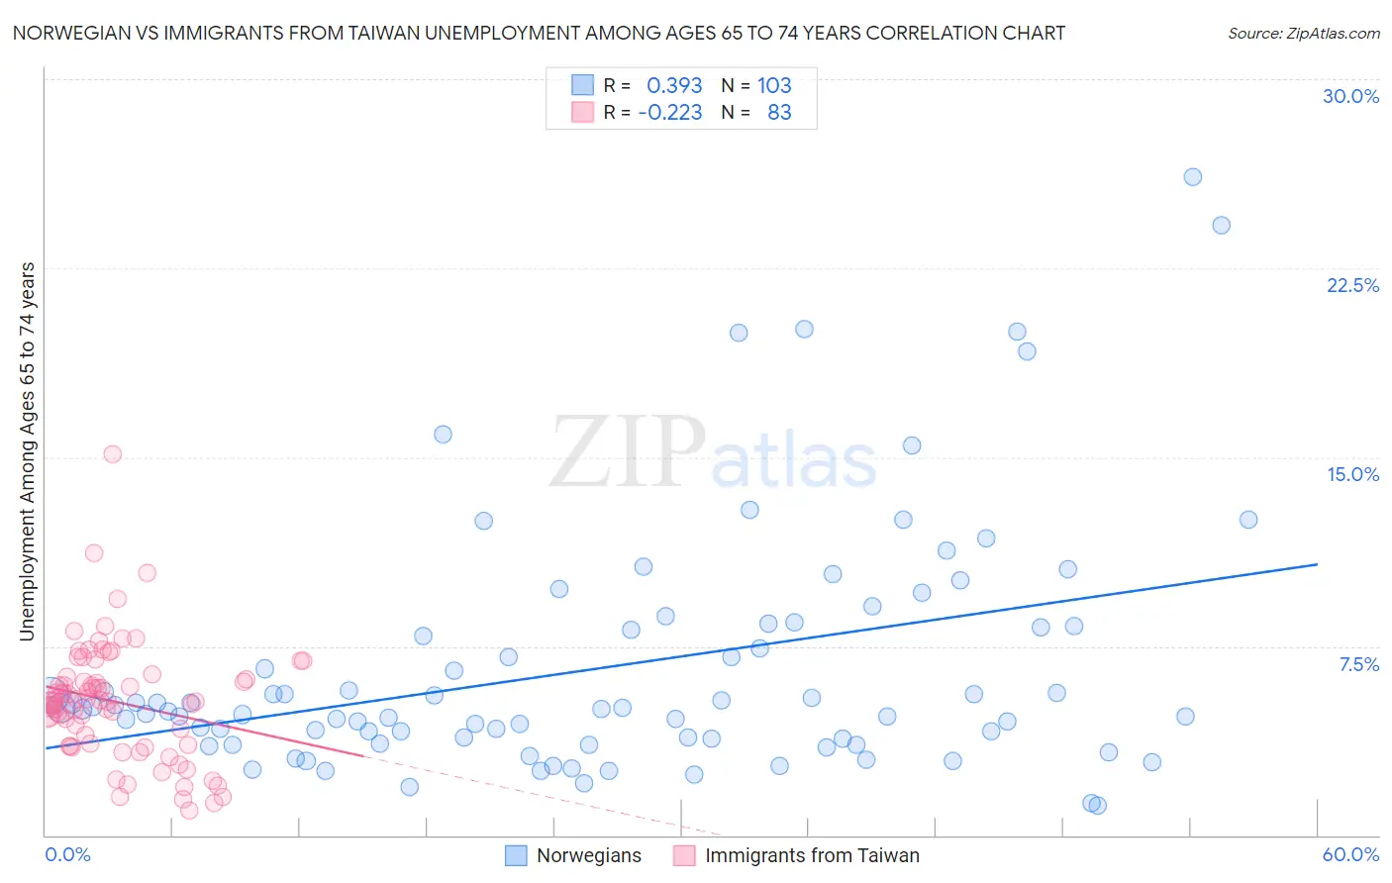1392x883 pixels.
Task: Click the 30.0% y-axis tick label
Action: coord(1350,96)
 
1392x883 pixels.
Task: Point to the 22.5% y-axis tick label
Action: coord(1352,285)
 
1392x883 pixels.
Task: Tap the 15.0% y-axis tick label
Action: coord(1352,474)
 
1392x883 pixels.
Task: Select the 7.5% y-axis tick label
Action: coord(1358,664)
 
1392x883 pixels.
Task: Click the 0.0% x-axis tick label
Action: coord(67,854)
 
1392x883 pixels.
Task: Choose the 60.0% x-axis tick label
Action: coord(1350,854)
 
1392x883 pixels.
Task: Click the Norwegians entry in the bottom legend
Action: coord(588,856)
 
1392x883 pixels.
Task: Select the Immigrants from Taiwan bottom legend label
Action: coord(812,856)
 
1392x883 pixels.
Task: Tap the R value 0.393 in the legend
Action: coord(674,86)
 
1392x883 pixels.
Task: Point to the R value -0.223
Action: coord(670,113)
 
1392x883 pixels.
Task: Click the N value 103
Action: coord(774,86)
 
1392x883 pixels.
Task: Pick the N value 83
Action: coord(779,113)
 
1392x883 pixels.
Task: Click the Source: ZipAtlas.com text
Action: coord(1303,34)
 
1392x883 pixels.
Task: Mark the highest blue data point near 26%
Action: coord(1193,177)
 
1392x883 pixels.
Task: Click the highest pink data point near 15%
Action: coord(113,454)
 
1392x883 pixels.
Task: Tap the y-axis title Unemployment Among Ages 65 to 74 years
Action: coord(28,451)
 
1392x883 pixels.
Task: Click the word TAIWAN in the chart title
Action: coord(384,34)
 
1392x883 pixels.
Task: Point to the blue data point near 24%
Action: coord(1222,226)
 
